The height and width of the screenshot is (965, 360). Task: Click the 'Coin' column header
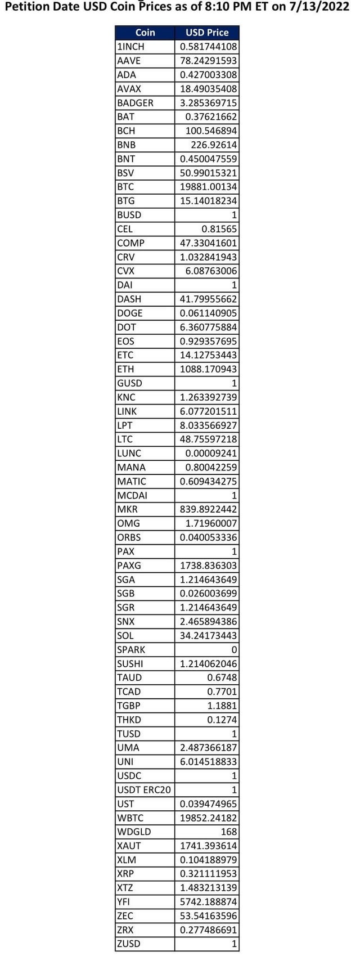click(x=145, y=33)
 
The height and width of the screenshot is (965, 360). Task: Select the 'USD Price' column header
click(x=207, y=33)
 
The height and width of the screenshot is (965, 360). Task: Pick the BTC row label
click(x=125, y=187)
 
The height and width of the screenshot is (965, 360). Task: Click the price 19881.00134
click(x=208, y=187)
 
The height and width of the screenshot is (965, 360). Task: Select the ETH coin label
click(x=125, y=369)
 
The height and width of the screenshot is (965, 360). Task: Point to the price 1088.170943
click(x=208, y=369)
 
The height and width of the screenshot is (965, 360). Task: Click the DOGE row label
click(x=130, y=313)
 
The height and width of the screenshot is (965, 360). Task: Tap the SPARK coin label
click(x=131, y=649)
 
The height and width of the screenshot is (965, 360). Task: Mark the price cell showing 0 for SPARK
click(x=233, y=649)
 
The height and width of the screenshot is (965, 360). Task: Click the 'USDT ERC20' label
click(x=143, y=789)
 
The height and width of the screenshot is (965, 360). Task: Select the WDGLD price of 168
click(x=229, y=832)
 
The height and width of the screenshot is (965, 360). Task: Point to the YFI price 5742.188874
click(x=208, y=901)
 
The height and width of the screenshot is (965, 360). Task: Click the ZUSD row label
click(x=129, y=944)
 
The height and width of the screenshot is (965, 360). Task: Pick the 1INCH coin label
click(x=130, y=47)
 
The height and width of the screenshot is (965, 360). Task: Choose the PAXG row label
click(x=129, y=565)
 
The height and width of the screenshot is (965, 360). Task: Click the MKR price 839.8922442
click(x=208, y=509)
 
